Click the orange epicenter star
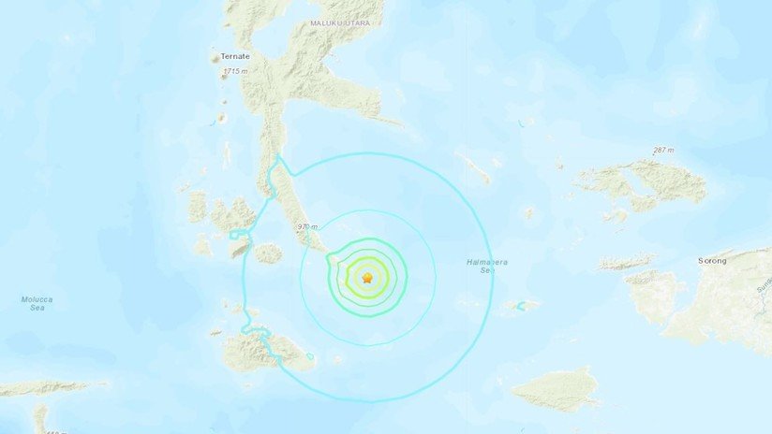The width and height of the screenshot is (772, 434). tap(367, 278)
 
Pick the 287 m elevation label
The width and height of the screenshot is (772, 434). tap(663, 151)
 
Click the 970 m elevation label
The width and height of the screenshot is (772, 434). tap(307, 226)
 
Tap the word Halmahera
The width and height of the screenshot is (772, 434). tap(487, 263)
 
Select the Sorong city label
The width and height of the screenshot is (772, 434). tap(712, 261)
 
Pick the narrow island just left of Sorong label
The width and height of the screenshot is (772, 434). tap(627, 264)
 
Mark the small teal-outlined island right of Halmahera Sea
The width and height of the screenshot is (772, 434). tap(521, 305)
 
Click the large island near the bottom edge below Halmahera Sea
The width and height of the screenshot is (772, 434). tap(557, 389)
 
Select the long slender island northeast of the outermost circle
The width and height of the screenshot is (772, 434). tap(473, 166)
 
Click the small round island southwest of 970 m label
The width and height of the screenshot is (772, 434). tap(268, 253)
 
